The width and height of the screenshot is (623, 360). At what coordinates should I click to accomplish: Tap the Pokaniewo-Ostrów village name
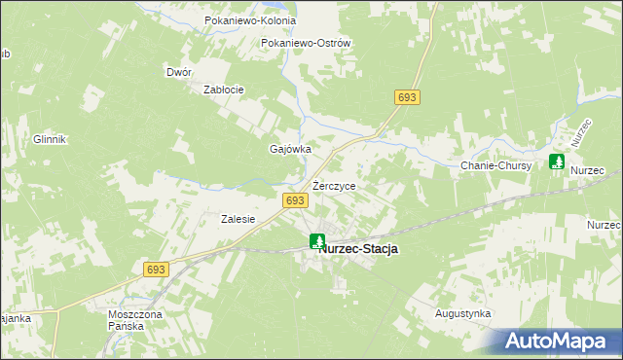pyautogui.click(x=306, y=43)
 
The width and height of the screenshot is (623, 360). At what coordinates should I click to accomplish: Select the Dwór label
pyautogui.click(x=178, y=72)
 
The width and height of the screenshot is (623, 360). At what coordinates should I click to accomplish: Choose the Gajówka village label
pyautogui.click(x=289, y=150)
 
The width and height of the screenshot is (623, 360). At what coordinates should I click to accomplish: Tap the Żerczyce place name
pyautogui.click(x=334, y=185)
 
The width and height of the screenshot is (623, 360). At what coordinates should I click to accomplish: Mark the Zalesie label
pyautogui.click(x=238, y=219)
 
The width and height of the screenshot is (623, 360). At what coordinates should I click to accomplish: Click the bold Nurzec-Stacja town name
pyautogui.click(x=359, y=249)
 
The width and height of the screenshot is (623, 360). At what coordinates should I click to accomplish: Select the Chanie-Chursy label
pyautogui.click(x=495, y=165)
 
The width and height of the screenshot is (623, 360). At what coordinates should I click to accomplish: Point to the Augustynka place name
pyautogui.click(x=462, y=314)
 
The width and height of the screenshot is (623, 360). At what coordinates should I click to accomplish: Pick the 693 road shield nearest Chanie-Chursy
pyautogui.click(x=407, y=97)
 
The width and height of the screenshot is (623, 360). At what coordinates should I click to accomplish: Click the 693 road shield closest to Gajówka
pyautogui.click(x=296, y=200)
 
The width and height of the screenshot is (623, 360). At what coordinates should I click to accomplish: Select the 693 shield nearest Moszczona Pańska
pyautogui.click(x=155, y=269)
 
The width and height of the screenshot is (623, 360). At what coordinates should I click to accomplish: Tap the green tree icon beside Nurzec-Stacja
pyautogui.click(x=317, y=240)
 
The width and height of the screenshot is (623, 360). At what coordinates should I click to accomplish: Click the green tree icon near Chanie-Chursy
pyautogui.click(x=556, y=162)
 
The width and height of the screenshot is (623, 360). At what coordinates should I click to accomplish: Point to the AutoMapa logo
pyautogui.click(x=559, y=341)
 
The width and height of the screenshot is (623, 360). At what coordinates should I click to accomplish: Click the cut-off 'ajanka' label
pyautogui.click(x=16, y=317)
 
